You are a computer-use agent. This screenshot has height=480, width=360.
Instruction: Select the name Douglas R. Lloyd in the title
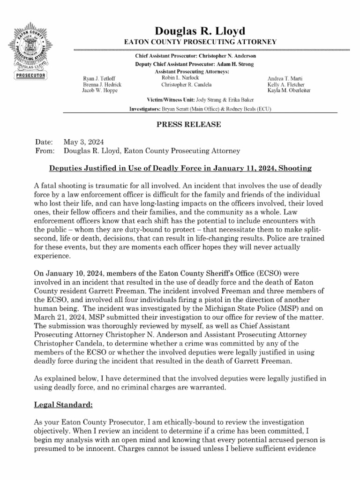[x=200, y=31]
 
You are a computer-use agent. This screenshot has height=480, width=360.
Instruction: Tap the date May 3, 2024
[x=83, y=142]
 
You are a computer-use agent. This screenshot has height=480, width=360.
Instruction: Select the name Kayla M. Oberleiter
[x=289, y=90]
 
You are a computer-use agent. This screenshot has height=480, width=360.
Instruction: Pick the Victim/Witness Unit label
[x=168, y=100]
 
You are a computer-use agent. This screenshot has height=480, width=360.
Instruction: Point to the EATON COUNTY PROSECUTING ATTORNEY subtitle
[x=200, y=43]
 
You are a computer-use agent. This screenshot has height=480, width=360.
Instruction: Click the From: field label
[x=45, y=151]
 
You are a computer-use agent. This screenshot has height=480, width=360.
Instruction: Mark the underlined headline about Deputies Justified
[x=180, y=168]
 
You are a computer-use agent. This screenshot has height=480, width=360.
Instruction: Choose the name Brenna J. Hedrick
[x=102, y=84]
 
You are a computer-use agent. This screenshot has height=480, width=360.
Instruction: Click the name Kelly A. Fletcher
[x=286, y=84]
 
